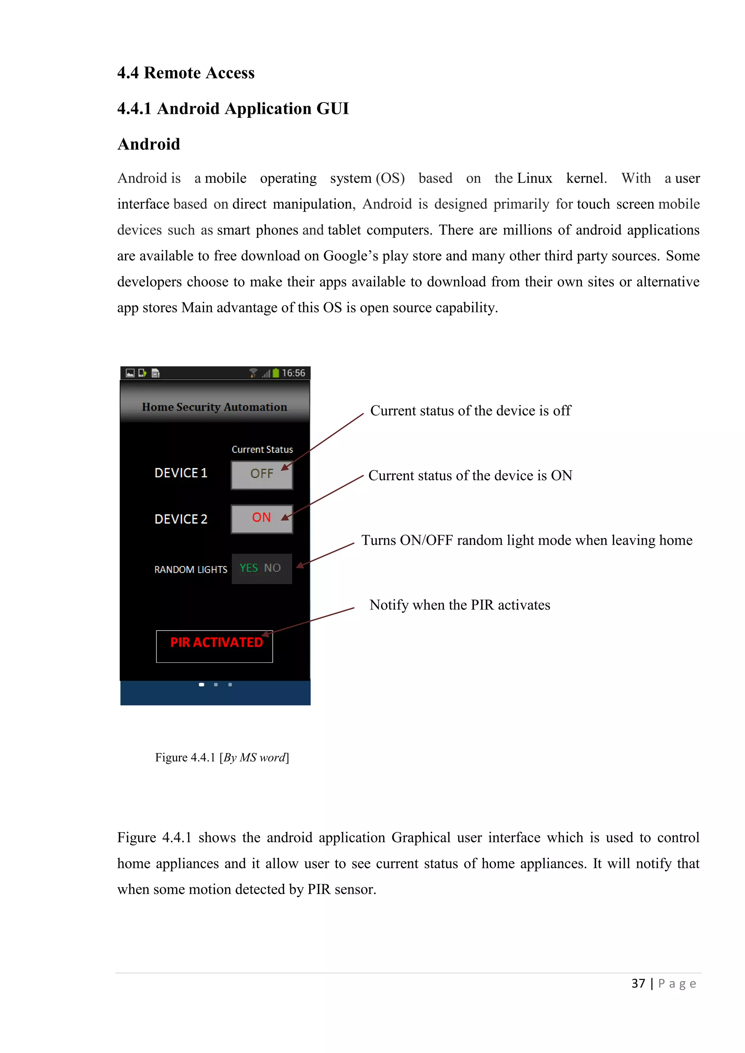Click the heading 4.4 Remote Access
186,73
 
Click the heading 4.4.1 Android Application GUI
233,109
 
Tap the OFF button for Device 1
262,474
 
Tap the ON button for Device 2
262,518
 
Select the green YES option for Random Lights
249,568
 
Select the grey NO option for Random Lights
272,568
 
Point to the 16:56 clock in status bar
294,373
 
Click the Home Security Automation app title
215,407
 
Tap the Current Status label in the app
262,450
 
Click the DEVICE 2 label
181,519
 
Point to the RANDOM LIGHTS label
190,570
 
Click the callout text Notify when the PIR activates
460,605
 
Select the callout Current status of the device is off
470,411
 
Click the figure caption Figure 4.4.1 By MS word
222,758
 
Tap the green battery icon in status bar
276,373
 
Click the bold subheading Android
149,144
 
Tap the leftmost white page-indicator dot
202,685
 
